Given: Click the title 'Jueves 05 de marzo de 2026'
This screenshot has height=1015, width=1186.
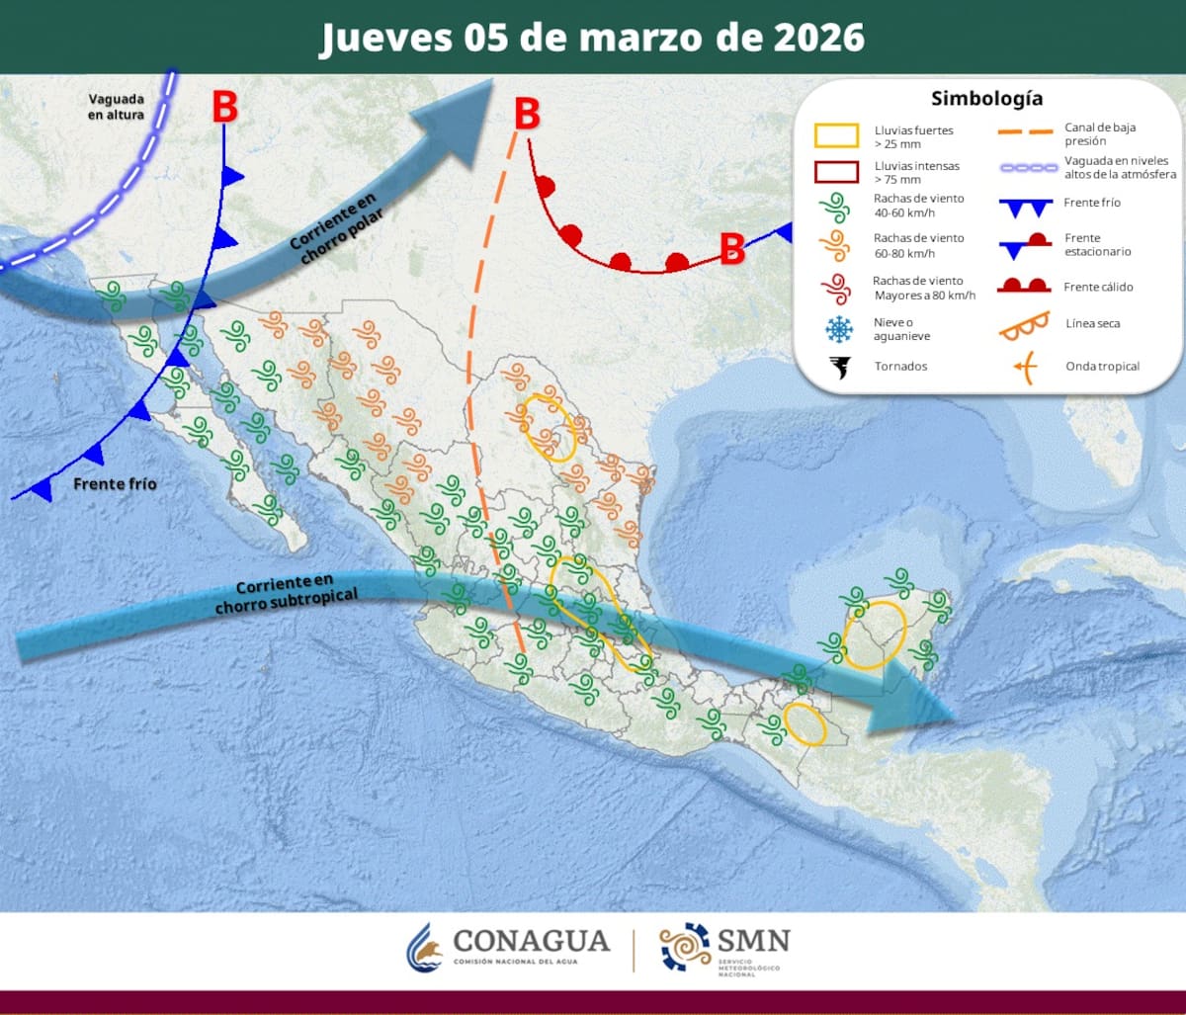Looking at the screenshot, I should (x=592, y=38).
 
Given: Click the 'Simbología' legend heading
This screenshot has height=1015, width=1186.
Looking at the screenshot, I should (x=986, y=99).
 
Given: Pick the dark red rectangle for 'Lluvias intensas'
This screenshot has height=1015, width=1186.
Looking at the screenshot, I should (x=837, y=172).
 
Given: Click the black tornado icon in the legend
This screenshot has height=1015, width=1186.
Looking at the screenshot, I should (x=840, y=367).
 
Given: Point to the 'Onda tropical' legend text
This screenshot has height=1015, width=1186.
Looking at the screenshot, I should (x=1102, y=367).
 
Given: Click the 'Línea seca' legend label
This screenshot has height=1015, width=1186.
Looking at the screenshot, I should (x=1092, y=323).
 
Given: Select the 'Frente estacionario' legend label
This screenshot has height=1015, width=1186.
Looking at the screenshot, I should (x=1098, y=245).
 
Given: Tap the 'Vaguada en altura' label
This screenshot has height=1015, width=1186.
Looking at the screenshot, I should (x=117, y=107).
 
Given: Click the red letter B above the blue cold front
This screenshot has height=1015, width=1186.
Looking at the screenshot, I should (x=224, y=108).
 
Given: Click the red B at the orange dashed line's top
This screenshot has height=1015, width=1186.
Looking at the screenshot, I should (x=527, y=115).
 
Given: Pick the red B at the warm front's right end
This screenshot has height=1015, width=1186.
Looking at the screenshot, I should (x=731, y=249).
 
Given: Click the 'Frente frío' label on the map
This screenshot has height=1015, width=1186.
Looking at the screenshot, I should (x=115, y=484).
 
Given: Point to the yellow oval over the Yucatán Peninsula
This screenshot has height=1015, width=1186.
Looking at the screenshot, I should (x=876, y=634).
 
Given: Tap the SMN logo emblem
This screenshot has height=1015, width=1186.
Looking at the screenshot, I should (x=685, y=947).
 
